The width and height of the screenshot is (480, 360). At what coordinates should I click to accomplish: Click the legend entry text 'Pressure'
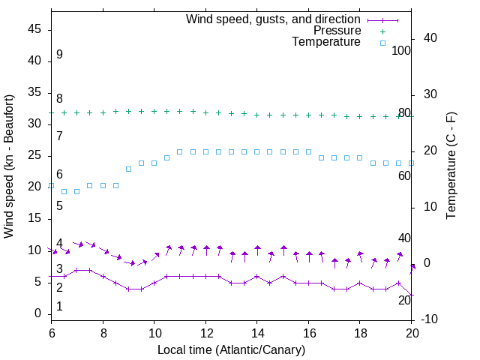[337, 31]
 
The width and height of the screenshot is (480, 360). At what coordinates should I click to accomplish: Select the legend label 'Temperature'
[326, 42]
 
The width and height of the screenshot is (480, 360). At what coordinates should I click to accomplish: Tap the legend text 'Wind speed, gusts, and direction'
[273, 19]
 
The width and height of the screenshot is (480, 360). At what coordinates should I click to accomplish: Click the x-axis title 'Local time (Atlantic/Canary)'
[231, 350]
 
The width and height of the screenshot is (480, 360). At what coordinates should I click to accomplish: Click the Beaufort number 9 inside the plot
[59, 55]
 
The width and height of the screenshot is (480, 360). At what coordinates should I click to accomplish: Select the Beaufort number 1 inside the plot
[59, 306]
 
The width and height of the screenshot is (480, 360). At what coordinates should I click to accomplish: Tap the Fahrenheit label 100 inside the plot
[401, 51]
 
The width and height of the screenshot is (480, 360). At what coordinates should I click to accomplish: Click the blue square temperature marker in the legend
[382, 43]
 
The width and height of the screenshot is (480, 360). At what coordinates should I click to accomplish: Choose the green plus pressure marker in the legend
[382, 31]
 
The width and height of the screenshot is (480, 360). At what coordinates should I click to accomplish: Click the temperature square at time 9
[128, 169]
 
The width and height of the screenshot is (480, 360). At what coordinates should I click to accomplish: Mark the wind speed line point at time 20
[412, 295]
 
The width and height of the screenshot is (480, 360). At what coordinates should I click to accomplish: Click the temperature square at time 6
[51, 185]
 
